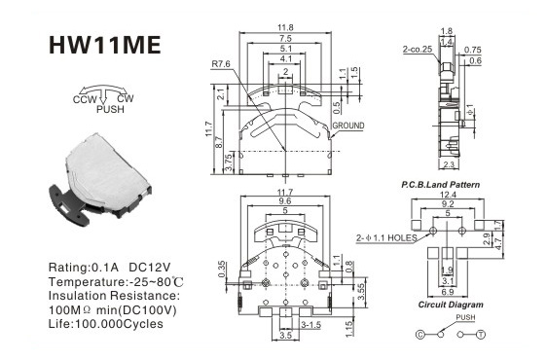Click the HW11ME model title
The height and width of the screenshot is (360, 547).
tap(105, 45)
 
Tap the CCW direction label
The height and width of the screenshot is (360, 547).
tap(85, 99)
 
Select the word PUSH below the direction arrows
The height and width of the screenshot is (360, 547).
tap(110, 109)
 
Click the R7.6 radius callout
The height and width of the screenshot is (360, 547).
tap(221, 64)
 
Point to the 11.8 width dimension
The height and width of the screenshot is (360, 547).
tap(285, 27)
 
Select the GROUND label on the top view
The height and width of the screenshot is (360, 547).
tap(348, 126)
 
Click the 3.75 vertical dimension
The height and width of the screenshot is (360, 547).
tap(229, 162)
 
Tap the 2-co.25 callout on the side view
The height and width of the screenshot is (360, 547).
tap(418, 50)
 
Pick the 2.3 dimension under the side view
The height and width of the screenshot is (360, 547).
tap(449, 164)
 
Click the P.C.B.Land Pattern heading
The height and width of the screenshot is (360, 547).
tap(441, 185)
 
